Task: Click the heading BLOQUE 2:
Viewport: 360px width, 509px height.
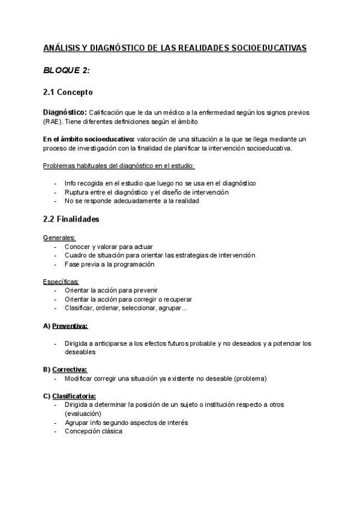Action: (67, 70)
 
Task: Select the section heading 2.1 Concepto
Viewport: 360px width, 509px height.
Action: (68, 93)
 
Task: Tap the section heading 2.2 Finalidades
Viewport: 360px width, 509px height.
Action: (71, 219)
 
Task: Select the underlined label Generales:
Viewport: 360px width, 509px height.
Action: (59, 238)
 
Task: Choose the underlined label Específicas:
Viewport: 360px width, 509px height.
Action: (61, 282)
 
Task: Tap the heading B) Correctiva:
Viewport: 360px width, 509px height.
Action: (65, 369)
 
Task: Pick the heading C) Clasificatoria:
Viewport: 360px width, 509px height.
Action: (70, 396)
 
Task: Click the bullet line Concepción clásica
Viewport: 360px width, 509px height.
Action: (93, 431)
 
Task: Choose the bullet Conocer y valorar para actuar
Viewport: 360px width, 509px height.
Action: (109, 246)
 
